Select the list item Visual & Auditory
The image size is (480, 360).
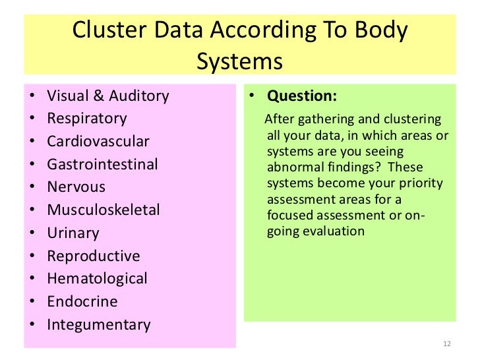click(108, 96)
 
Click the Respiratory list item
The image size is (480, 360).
click(87, 119)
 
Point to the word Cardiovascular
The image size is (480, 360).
click(98, 142)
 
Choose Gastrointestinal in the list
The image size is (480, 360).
click(103, 164)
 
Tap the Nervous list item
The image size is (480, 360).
click(76, 187)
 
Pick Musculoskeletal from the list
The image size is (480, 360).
click(104, 210)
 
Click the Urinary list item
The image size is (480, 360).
click(73, 233)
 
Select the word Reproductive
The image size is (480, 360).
click(94, 256)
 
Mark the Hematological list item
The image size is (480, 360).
click(98, 279)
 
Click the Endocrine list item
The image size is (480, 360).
click(82, 301)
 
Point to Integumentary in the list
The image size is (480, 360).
click(99, 324)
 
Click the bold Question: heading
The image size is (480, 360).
click(302, 96)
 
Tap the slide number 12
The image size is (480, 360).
click(447, 344)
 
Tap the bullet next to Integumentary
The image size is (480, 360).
click(32, 324)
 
